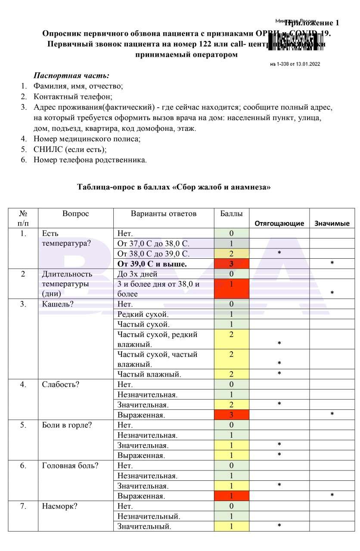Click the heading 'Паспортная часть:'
click(x=71, y=75)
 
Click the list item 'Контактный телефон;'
click(x=73, y=96)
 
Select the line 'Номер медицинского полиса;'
click(x=87, y=139)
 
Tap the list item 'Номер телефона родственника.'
click(x=90, y=160)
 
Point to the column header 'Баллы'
click(x=231, y=214)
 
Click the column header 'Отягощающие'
click(x=279, y=223)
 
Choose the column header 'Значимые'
click(x=332, y=223)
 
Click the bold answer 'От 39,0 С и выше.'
click(x=152, y=264)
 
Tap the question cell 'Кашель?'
click(x=58, y=304)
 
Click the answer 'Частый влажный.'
click(x=149, y=375)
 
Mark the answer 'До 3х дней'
click(x=137, y=274)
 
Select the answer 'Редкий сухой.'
click(x=143, y=314)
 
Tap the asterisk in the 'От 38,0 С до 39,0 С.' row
click(x=279, y=253)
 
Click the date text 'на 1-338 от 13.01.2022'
click(x=295, y=65)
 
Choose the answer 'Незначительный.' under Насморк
click(x=149, y=516)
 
